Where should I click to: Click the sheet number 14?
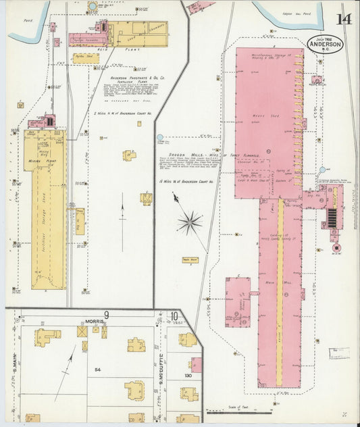(344, 18)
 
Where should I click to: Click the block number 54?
(97, 370)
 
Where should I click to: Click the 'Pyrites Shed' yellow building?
(86, 58)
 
